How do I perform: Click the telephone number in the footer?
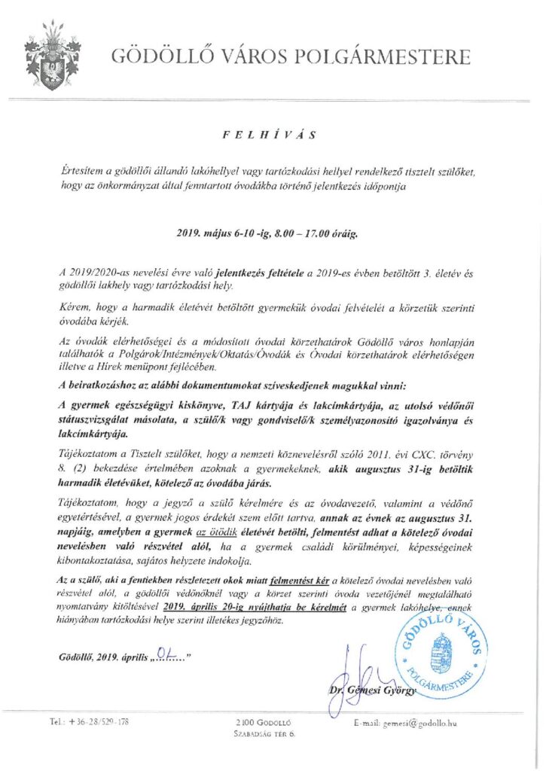pos(90,721)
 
